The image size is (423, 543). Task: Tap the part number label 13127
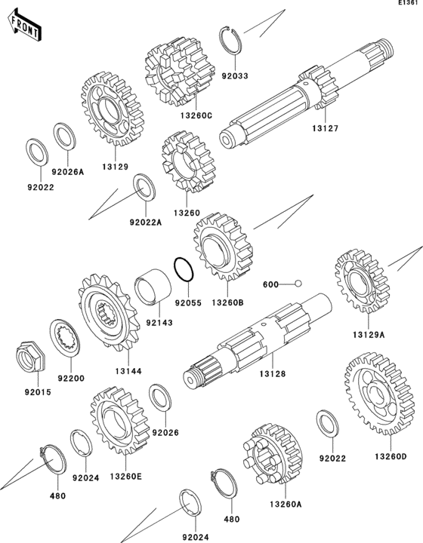click(x=325, y=128)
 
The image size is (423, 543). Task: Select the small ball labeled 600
click(x=298, y=284)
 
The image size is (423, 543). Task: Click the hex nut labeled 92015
click(x=30, y=357)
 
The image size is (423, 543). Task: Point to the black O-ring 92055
click(x=183, y=269)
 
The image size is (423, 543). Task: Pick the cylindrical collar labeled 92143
click(x=153, y=287)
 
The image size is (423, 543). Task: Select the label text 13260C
click(x=196, y=115)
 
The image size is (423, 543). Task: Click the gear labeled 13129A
click(x=362, y=281)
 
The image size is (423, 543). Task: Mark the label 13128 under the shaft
click(x=273, y=374)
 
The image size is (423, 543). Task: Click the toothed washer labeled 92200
click(x=65, y=339)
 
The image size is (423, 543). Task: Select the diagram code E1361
click(x=410, y=3)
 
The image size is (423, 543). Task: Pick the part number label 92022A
click(x=146, y=222)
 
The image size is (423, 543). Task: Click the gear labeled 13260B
click(x=223, y=247)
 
